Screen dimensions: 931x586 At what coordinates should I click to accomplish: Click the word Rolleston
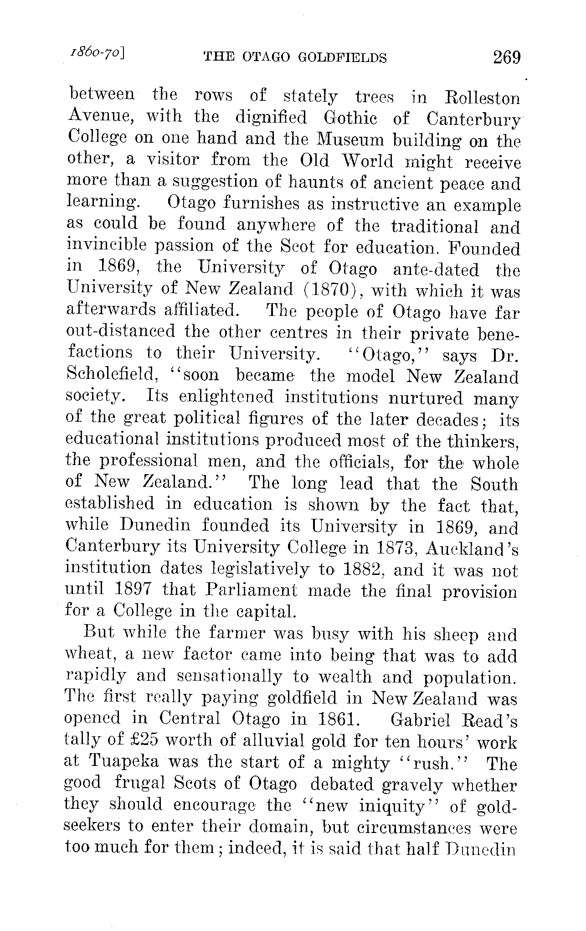click(482, 98)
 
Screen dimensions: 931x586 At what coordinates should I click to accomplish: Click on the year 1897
click(133, 591)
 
